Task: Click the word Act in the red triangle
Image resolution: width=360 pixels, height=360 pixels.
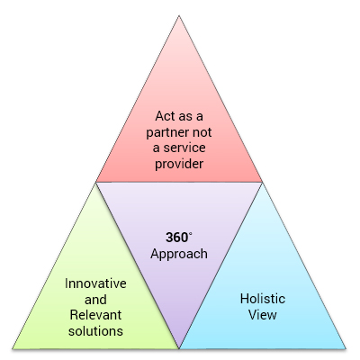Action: click(165, 116)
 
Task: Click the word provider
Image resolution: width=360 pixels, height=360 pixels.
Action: click(179, 164)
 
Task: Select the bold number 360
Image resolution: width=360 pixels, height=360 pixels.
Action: click(176, 238)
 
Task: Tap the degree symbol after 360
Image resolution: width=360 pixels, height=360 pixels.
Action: click(190, 234)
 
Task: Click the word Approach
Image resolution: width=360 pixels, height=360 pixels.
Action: click(179, 254)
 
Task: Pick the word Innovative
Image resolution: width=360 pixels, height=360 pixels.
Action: click(95, 283)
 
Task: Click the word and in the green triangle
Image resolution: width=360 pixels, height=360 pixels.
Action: click(95, 300)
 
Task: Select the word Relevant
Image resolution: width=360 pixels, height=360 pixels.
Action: click(95, 315)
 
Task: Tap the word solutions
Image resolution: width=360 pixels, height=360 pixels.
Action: click(95, 331)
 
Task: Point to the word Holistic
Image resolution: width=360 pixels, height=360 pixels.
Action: click(263, 299)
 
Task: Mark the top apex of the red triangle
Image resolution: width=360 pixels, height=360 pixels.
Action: click(179, 16)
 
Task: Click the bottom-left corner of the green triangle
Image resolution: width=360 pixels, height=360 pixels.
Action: click(13, 348)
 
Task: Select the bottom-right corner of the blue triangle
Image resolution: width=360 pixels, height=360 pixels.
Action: click(346, 348)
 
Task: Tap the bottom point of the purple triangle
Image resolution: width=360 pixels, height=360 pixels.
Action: click(179, 348)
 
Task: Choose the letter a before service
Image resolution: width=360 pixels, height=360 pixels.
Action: click(157, 148)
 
